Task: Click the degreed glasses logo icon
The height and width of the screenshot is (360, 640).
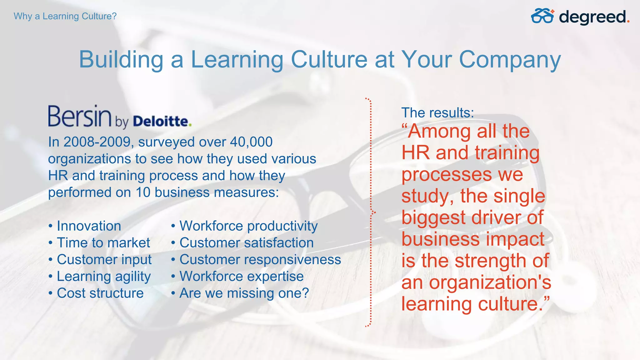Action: click(542, 16)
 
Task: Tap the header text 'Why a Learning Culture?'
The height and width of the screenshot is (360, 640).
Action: click(65, 16)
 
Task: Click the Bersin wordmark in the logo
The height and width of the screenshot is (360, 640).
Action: click(80, 116)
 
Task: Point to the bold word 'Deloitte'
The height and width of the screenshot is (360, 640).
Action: click(161, 121)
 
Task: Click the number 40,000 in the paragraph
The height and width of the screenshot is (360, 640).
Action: click(251, 142)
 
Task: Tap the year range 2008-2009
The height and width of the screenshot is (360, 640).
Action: click(97, 142)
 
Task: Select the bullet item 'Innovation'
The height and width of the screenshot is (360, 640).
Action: click(89, 226)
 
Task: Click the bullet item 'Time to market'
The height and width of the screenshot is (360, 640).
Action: click(103, 243)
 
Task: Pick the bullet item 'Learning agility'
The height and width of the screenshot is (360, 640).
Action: click(104, 277)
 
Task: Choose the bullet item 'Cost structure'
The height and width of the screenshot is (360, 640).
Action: click(100, 293)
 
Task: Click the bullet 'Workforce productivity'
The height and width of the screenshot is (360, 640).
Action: click(248, 226)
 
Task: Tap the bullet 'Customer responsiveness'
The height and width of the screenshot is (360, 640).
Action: click(260, 260)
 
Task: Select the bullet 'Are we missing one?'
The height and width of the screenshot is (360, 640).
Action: click(244, 293)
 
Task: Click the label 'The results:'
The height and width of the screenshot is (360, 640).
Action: click(437, 113)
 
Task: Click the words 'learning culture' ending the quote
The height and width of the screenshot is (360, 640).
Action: click(472, 304)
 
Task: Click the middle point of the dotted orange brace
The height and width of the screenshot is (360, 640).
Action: click(373, 212)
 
